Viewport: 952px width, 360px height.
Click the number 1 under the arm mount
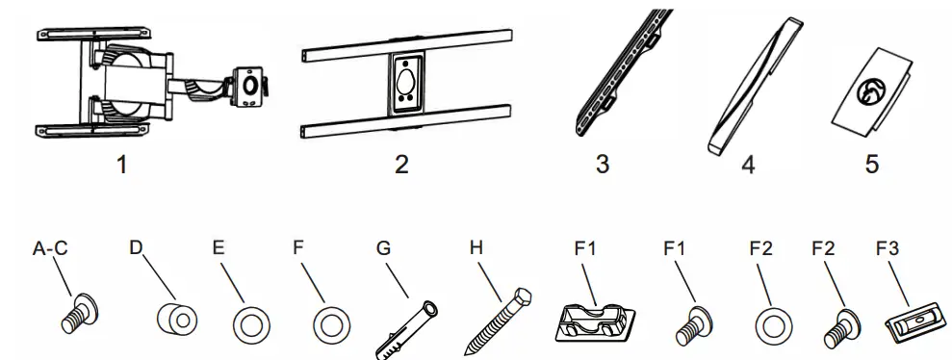(120, 165)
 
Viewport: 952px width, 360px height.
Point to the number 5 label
(871, 165)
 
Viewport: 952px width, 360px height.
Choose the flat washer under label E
(252, 323)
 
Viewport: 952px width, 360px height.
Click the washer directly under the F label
(330, 323)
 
